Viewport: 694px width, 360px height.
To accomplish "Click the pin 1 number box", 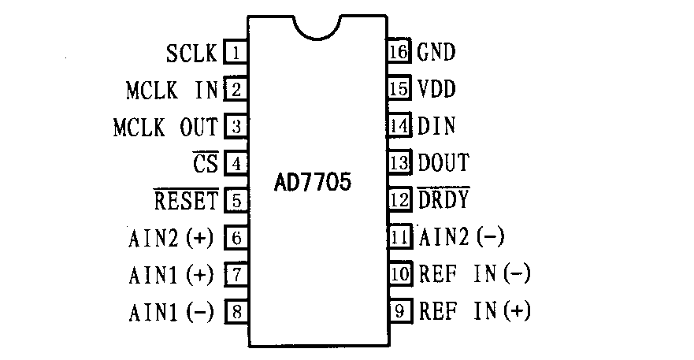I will pyautogui.click(x=236, y=54).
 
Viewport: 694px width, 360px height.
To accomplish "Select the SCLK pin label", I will pyautogui.click(x=191, y=54).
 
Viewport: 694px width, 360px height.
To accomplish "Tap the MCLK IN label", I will pyautogui.click(x=171, y=90).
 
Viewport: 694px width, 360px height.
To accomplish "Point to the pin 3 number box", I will pyautogui.click(x=236, y=127).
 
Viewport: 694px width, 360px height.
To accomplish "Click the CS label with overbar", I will pyautogui.click(x=204, y=164).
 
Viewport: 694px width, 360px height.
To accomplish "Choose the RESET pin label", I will pyautogui.click(x=186, y=201).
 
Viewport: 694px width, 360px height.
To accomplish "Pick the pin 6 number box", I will pyautogui.click(x=236, y=237).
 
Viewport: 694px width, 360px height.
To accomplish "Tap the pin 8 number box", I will pyautogui.click(x=236, y=310).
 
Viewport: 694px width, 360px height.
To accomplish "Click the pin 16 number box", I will pyautogui.click(x=400, y=53).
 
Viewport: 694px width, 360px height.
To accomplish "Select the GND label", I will pyautogui.click(x=436, y=53).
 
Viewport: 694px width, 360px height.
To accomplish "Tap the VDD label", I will pyautogui.click(x=436, y=89).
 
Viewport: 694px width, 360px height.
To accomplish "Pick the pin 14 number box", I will pyautogui.click(x=400, y=126).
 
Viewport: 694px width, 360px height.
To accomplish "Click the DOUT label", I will pyautogui.click(x=443, y=163).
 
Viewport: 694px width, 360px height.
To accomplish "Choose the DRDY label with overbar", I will pyautogui.click(x=443, y=200).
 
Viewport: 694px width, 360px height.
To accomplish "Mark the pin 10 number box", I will pyautogui.click(x=400, y=273).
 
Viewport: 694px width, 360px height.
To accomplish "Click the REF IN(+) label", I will pyautogui.click(x=473, y=310).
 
